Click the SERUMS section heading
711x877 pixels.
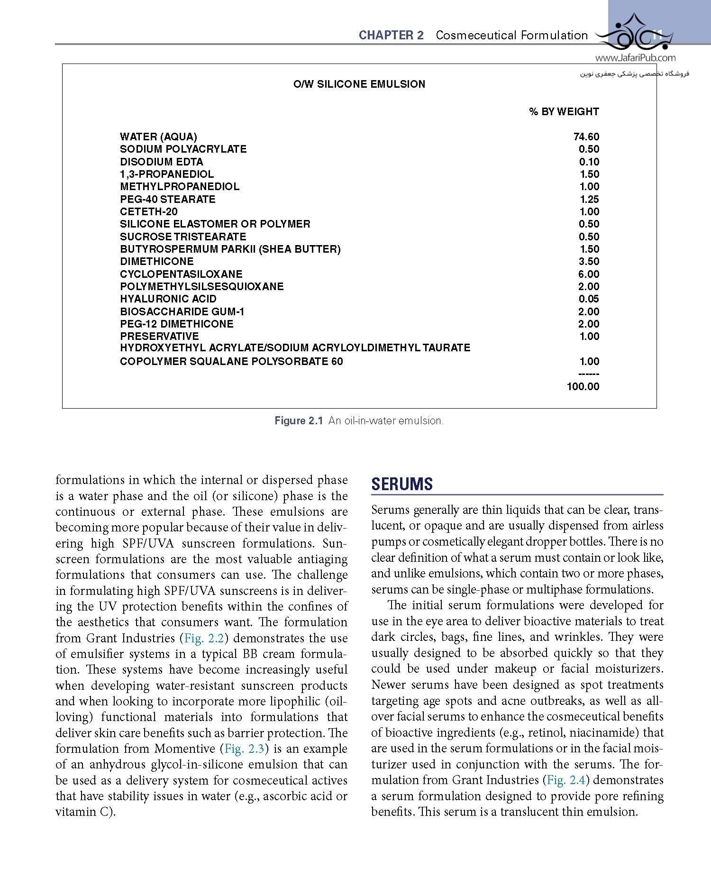click(x=402, y=484)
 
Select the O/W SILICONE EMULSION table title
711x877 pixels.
click(x=359, y=84)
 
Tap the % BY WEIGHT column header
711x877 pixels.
click(x=564, y=112)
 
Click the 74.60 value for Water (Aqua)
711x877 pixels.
click(x=586, y=137)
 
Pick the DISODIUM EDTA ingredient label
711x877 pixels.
click(x=162, y=162)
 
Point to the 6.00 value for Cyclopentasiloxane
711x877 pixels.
click(x=589, y=274)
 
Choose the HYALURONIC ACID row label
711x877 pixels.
click(x=168, y=299)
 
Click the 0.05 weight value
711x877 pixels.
click(x=589, y=299)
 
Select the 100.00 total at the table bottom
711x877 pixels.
click(x=583, y=386)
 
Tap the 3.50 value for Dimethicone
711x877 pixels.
click(x=589, y=262)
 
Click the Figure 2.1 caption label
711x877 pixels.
click(x=299, y=421)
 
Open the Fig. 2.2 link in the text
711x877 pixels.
click(x=204, y=638)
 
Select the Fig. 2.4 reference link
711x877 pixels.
click(x=566, y=780)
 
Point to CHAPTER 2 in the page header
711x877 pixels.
click(x=391, y=36)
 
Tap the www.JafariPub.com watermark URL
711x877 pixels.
click(x=635, y=58)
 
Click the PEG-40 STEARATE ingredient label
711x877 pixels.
click(x=168, y=199)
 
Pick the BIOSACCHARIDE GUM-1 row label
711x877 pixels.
click(x=182, y=311)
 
